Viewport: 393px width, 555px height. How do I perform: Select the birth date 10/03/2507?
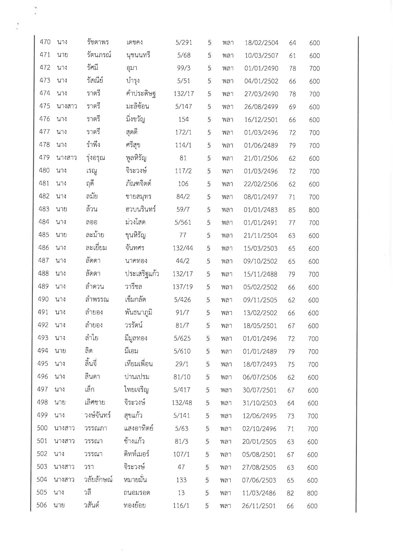tap(261, 56)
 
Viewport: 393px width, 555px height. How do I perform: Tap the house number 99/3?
tap(184, 68)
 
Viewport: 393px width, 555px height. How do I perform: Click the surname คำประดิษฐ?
tap(141, 94)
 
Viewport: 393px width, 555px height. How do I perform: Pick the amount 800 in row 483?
tap(314, 210)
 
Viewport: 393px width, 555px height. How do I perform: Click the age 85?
tap(292, 210)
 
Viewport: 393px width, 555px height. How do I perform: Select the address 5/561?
tap(183, 222)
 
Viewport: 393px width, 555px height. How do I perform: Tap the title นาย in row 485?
tap(61, 235)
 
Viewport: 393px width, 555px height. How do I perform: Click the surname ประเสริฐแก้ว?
tap(142, 274)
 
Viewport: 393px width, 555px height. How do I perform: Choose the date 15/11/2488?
tap(260, 274)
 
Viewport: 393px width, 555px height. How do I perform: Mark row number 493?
tap(43, 338)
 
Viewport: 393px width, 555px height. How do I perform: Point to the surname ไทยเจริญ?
tap(136, 390)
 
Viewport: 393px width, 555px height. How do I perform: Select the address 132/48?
tap(182, 403)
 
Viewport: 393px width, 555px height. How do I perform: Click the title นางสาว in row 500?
tap(64, 428)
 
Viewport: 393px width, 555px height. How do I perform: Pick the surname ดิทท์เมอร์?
tap(136, 454)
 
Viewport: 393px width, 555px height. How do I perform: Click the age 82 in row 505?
tap(290, 493)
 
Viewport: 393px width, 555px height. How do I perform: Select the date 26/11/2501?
tap(259, 506)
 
